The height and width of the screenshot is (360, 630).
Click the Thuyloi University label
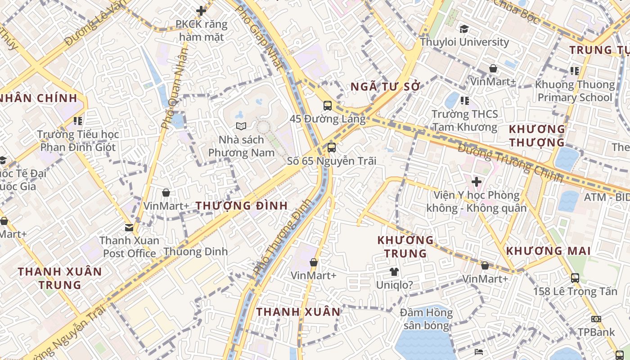(x=464, y=42)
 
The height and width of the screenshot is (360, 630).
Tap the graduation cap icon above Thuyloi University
(x=464, y=29)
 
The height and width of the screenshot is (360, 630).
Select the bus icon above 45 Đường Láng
(x=328, y=106)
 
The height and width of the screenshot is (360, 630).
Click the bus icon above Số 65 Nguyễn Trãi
(x=332, y=147)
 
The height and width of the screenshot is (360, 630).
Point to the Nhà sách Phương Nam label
(x=241, y=146)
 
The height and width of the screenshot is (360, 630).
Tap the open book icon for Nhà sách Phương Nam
(x=241, y=126)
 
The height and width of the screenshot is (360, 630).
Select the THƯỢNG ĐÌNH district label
(x=242, y=206)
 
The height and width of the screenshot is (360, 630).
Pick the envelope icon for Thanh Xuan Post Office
(x=130, y=228)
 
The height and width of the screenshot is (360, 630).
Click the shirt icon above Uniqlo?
(x=394, y=272)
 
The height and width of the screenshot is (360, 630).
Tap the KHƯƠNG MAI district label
(x=548, y=251)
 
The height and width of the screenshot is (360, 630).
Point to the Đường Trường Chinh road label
(x=511, y=163)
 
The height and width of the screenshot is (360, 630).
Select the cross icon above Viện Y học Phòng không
(x=477, y=182)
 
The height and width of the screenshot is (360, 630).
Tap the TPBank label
(x=596, y=332)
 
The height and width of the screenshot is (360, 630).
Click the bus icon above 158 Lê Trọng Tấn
(x=575, y=278)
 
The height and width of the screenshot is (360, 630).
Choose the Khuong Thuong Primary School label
(x=575, y=91)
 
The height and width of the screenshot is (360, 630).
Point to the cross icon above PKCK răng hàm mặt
(x=201, y=11)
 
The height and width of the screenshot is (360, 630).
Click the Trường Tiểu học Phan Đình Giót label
(x=78, y=141)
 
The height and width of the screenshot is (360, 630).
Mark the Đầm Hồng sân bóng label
(x=427, y=319)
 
